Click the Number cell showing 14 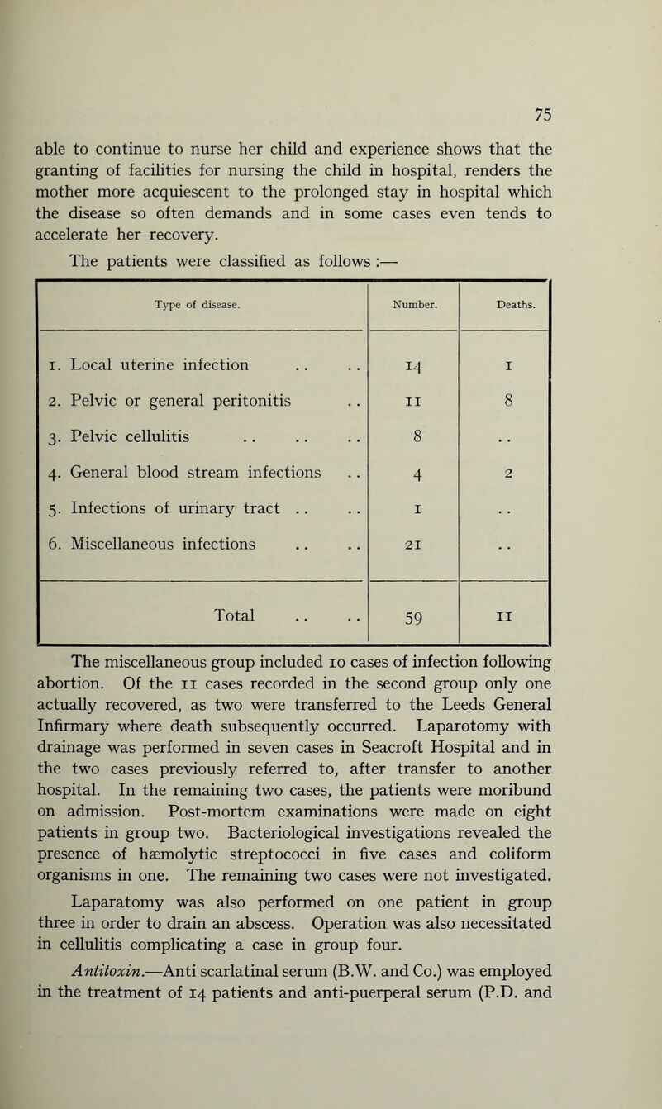pyautogui.click(x=412, y=364)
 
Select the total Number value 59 pyautogui.click(x=412, y=616)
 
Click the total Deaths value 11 pyautogui.click(x=504, y=616)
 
